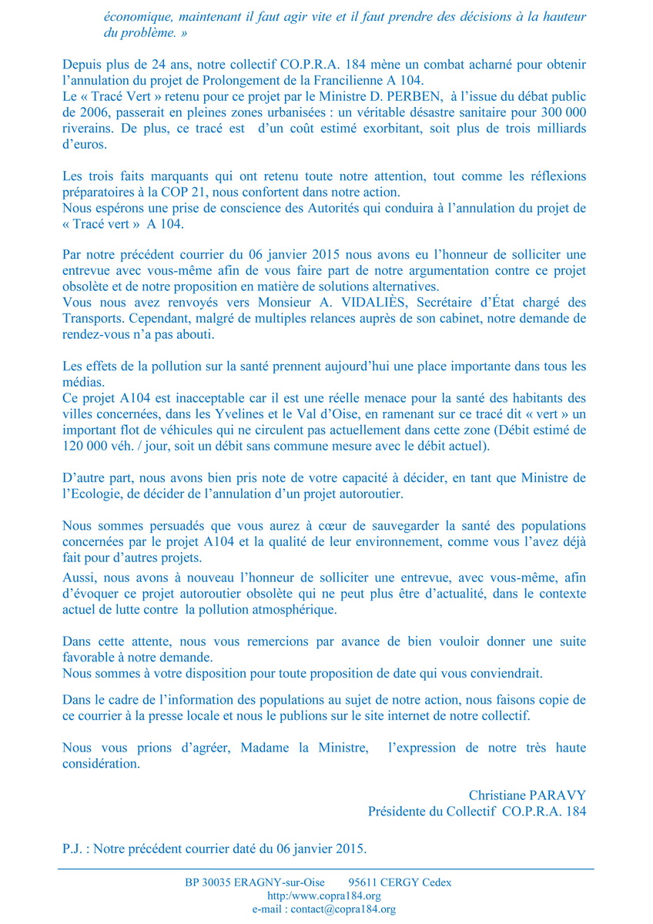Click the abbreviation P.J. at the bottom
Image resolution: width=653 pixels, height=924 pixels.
pos(74,850)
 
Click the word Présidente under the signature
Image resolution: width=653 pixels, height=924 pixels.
pos(404,811)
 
